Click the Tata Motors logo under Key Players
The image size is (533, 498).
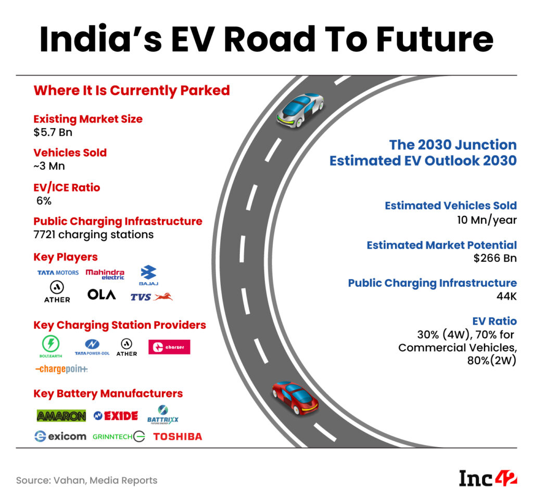(x=58, y=273)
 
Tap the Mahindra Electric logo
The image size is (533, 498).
(x=105, y=274)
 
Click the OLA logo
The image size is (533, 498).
(x=101, y=295)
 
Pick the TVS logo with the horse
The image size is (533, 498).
(x=151, y=297)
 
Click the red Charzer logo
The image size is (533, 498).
(x=169, y=347)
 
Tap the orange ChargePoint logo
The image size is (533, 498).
(x=61, y=369)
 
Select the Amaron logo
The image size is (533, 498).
(x=61, y=416)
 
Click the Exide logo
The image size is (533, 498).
(x=116, y=416)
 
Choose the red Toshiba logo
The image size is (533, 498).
(x=177, y=437)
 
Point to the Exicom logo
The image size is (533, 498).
(x=60, y=436)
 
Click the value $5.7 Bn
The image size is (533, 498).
(x=53, y=132)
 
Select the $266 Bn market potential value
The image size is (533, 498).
(x=495, y=259)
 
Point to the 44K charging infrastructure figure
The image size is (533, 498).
(x=505, y=297)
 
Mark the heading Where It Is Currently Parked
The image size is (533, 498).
(x=132, y=91)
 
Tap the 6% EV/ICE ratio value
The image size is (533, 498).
(x=44, y=201)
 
